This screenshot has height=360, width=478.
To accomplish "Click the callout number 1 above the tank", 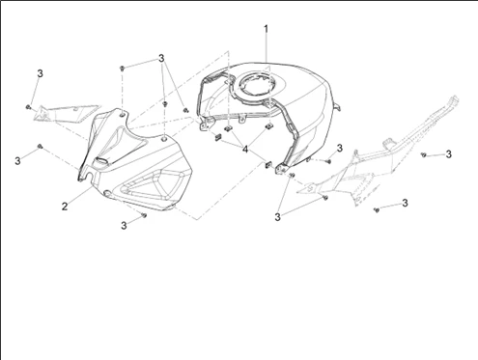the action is [266, 29].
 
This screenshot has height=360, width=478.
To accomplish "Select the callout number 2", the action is [65, 207].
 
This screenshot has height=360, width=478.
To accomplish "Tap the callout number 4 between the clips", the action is [245, 150].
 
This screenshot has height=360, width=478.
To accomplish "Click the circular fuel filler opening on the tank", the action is [254, 84].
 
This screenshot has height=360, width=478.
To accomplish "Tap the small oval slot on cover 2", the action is [102, 160].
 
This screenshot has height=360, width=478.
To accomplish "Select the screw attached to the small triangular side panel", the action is [28, 107].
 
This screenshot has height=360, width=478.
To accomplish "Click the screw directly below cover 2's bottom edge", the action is [144, 215].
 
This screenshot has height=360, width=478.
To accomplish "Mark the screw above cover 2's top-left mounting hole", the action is [122, 69].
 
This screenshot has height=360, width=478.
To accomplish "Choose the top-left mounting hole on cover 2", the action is [123, 114].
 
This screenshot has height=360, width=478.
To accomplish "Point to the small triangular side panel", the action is [66, 113].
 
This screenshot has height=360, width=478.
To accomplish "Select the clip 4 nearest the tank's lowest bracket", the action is [267, 165].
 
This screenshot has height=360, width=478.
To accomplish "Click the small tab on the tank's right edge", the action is [337, 106].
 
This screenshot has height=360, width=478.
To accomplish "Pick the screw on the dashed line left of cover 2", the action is [40, 147].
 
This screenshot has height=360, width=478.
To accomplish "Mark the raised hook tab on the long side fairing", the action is [388, 143].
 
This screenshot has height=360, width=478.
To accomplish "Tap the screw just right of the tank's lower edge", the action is [329, 161].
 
